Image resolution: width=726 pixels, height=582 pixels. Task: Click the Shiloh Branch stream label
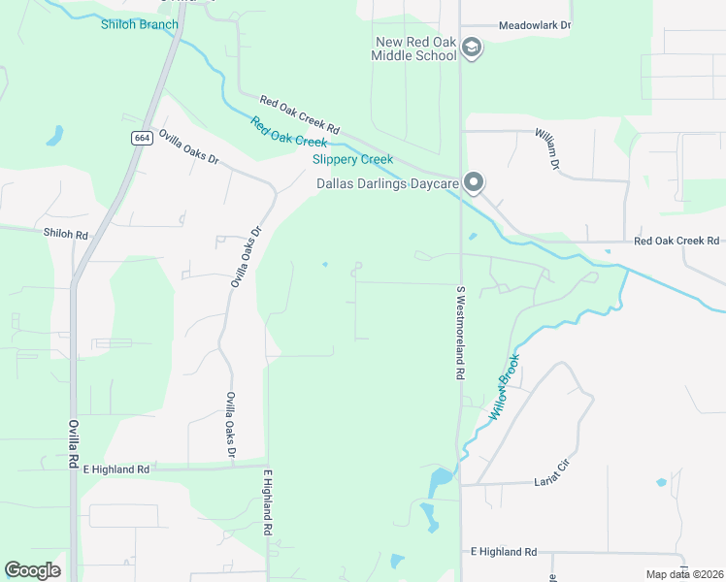[140, 24]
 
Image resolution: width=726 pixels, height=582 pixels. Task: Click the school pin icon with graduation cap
[472, 48]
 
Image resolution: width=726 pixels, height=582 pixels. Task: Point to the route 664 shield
[142, 138]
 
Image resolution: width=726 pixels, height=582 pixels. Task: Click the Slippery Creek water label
[352, 159]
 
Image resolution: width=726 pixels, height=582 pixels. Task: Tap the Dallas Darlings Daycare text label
[386, 182]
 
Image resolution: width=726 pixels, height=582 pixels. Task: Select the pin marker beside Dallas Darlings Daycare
[474, 181]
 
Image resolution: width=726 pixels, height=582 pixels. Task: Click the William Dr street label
[546, 148]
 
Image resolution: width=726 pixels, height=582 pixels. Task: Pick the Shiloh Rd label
[66, 234]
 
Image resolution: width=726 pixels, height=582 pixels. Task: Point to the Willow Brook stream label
[506, 385]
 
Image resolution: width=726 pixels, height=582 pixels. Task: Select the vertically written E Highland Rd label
[268, 502]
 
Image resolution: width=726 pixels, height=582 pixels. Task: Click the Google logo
[32, 570]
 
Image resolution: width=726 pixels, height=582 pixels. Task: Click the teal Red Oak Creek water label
[289, 132]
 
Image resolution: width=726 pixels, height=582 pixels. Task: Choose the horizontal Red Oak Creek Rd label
[677, 241]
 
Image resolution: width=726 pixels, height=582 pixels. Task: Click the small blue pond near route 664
[55, 135]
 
